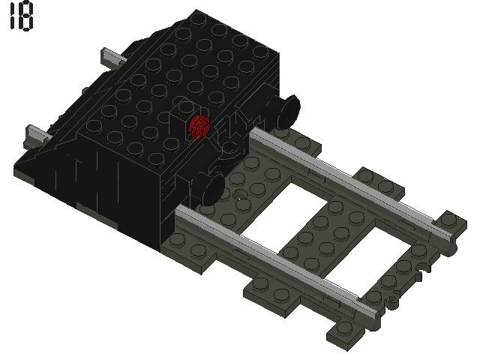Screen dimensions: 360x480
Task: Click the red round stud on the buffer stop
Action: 199,127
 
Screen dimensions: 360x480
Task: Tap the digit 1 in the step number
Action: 12,17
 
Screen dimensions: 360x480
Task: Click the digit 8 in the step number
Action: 26,17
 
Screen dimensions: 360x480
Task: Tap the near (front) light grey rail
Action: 277,259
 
